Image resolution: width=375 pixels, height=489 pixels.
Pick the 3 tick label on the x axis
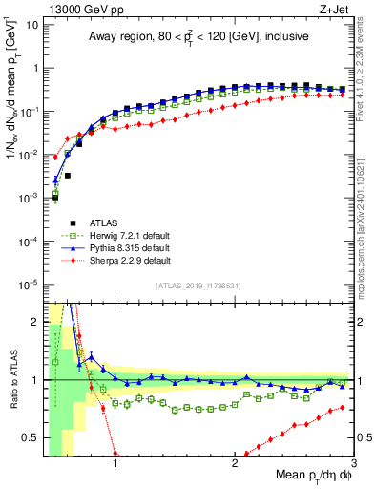pos(353,463)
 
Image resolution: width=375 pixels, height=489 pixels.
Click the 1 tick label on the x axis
pos(115,463)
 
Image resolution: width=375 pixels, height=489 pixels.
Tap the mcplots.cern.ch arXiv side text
pos(366,220)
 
